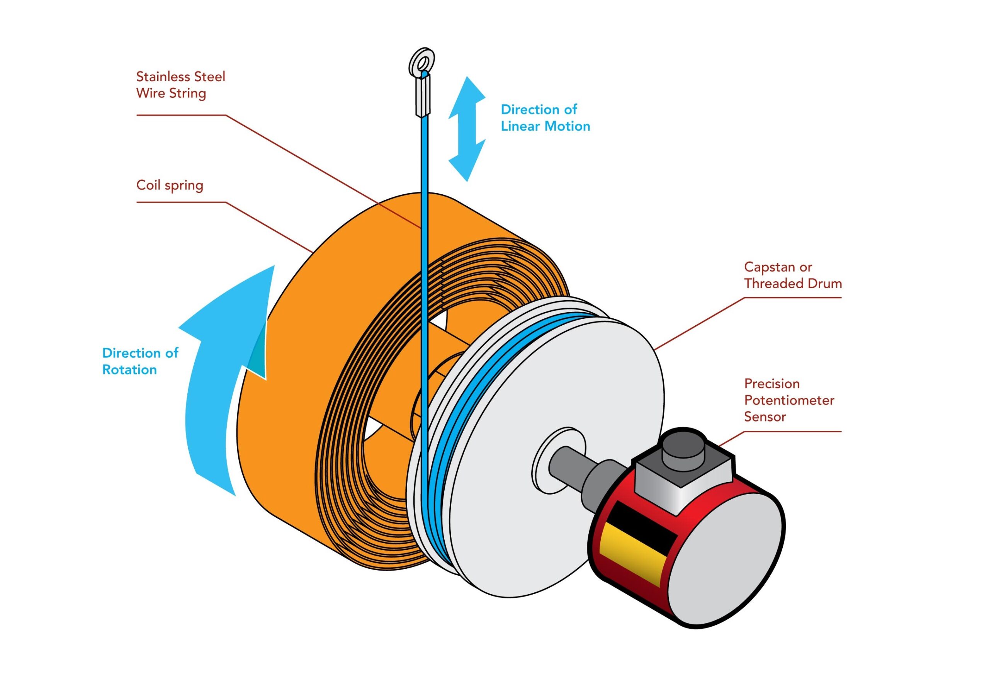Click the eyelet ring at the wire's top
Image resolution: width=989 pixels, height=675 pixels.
421,61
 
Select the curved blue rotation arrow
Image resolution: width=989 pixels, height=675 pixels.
213,383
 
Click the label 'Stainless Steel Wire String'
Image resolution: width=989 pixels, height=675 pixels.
180,85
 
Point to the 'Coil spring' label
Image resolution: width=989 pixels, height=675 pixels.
169,185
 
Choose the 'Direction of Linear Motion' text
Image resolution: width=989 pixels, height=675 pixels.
545,118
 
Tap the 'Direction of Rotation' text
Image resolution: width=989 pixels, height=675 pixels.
139,361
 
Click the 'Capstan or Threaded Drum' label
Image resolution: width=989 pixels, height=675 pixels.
792,275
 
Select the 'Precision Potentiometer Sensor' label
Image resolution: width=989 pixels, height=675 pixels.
788,400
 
